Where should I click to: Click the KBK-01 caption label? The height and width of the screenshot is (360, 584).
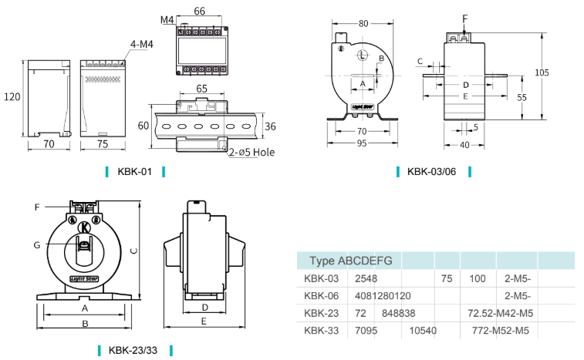click(135, 171)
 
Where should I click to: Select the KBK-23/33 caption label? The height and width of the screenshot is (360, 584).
click(135, 350)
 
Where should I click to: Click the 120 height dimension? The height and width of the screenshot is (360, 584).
click(12, 97)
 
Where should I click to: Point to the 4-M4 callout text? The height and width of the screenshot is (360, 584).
click(142, 45)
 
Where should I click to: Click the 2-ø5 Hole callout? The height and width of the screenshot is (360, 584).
click(251, 152)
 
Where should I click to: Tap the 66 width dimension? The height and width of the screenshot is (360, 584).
click(198, 11)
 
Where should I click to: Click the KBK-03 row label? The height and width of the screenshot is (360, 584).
click(322, 278)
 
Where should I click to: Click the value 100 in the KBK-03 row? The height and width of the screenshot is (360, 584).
click(478, 278)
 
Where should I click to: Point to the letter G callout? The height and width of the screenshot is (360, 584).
click(36, 245)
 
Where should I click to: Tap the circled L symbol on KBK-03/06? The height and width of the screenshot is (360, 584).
click(363, 55)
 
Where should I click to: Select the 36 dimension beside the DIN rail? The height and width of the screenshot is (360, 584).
click(270, 126)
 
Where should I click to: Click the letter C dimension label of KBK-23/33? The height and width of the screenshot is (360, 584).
click(133, 251)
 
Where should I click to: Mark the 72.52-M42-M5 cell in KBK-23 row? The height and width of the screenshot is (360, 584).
click(500, 313)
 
